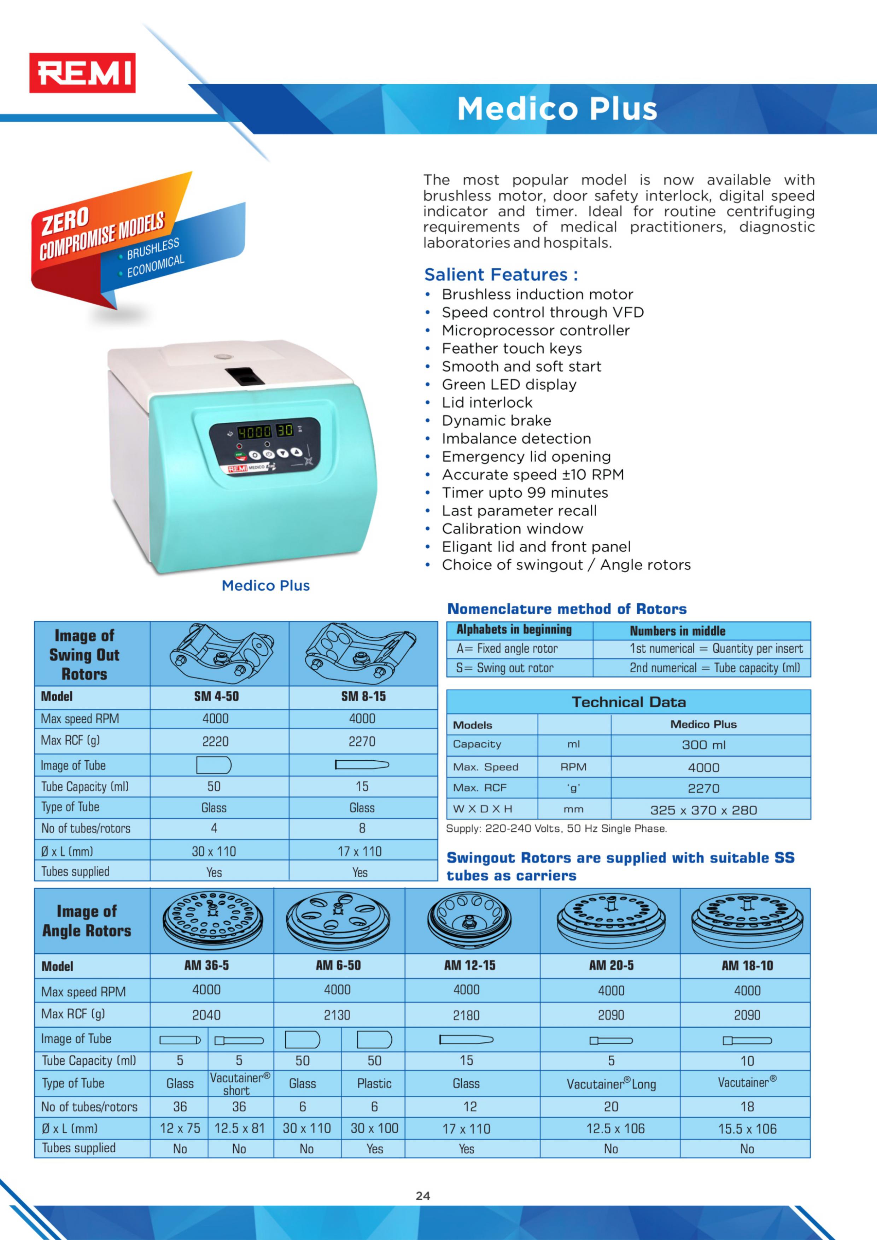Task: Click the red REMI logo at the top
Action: tap(82, 73)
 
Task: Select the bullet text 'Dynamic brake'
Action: tap(496, 420)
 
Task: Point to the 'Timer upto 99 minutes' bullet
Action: tap(524, 492)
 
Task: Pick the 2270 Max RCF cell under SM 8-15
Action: tap(362, 742)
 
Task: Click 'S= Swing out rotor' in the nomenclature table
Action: tap(504, 668)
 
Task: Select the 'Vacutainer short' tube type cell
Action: tap(239, 1083)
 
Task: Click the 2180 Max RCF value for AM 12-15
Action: tap(466, 1015)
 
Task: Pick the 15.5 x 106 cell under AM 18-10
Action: tap(747, 1129)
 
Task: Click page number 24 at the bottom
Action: tap(423, 1196)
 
